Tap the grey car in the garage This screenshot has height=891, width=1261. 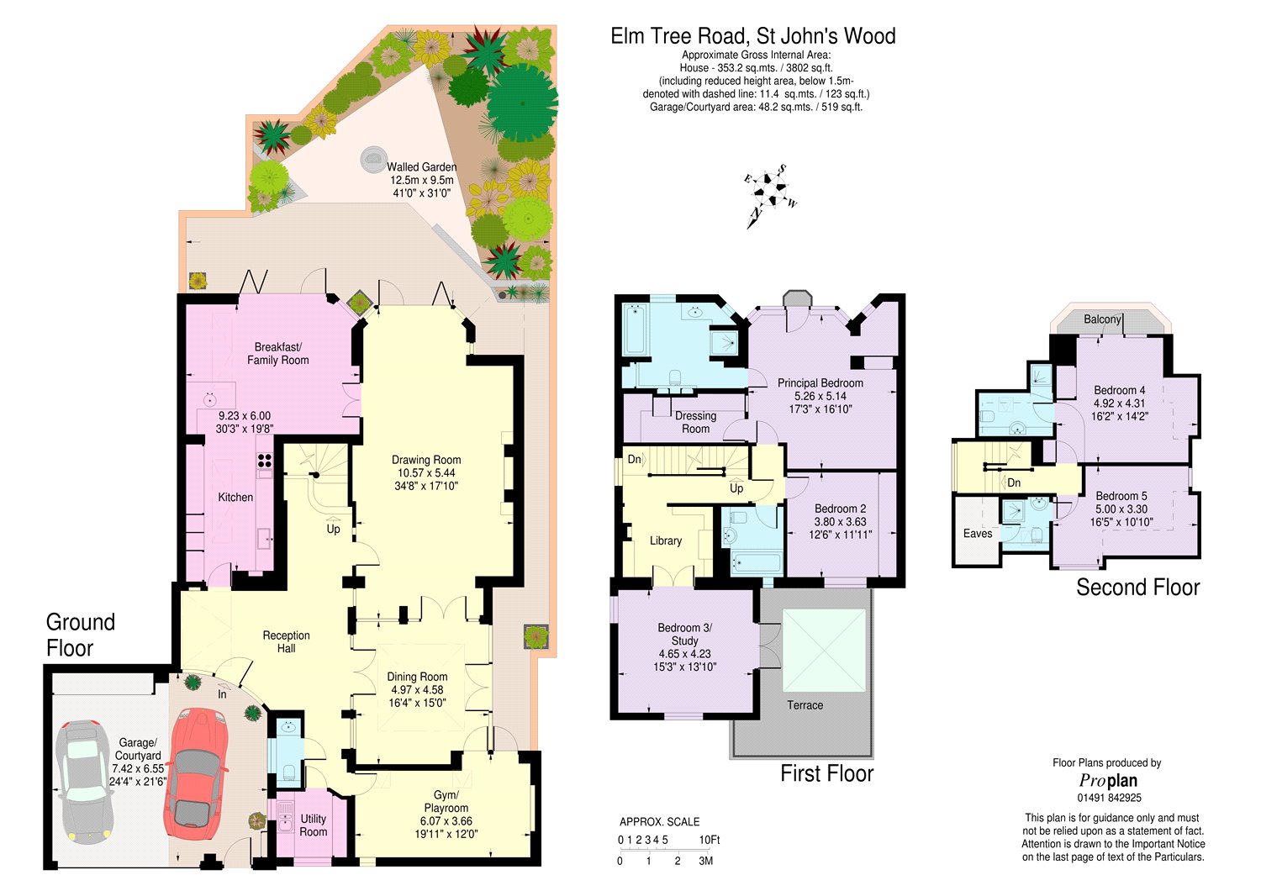point(87,782)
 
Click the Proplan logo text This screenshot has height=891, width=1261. point(1108,781)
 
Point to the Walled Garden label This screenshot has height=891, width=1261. point(422,167)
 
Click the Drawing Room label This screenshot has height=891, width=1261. point(426,460)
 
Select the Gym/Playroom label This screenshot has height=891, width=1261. point(446,802)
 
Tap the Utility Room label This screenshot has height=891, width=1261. point(313,825)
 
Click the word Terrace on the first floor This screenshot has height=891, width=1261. point(805,705)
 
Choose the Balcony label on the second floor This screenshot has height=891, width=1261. point(1102,319)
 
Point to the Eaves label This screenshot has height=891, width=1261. point(977,534)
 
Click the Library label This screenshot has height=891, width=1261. point(666,540)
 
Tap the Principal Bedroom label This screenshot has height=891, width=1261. point(820,383)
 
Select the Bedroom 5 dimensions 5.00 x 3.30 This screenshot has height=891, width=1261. point(1121,509)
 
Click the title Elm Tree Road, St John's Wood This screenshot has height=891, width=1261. point(753,36)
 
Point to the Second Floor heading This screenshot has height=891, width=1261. point(1137,588)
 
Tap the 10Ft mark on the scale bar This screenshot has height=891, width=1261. point(710,840)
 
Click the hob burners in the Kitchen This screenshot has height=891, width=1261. point(265,461)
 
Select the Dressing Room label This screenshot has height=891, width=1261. point(696,422)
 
